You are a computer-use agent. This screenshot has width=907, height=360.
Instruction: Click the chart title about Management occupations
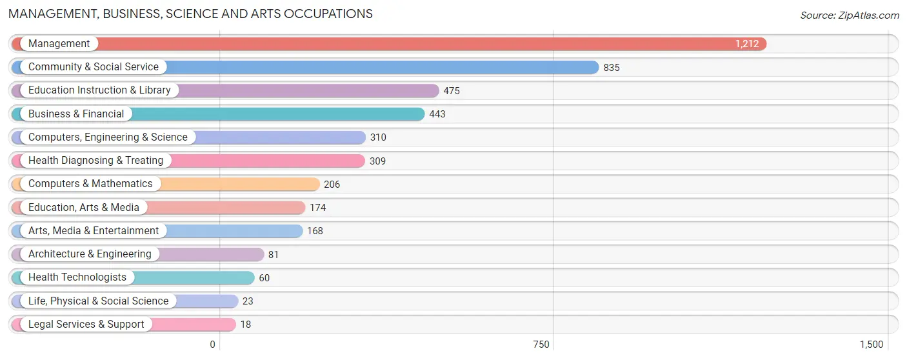[x=190, y=14]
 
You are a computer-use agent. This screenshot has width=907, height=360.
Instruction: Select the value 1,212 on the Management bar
[x=747, y=44]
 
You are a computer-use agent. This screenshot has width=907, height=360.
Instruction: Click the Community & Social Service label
[x=93, y=67]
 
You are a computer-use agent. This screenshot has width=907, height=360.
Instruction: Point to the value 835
[x=612, y=68]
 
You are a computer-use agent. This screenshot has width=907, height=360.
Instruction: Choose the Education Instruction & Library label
[x=99, y=90]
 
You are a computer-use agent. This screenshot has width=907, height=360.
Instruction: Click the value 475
[x=452, y=91]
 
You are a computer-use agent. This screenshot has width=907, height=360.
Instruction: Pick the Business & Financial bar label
[x=76, y=114]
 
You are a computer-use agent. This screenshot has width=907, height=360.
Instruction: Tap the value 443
[x=437, y=114]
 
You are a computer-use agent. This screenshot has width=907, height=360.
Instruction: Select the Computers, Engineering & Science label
[x=108, y=137]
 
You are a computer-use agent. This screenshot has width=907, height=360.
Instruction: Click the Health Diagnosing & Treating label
[x=95, y=161]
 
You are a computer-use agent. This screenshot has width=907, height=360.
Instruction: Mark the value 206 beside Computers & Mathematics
[x=332, y=185]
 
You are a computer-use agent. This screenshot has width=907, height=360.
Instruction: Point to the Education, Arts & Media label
[x=84, y=208]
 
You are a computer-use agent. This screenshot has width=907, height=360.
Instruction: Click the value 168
[x=315, y=231]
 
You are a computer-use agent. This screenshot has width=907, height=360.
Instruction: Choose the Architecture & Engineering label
[x=90, y=254]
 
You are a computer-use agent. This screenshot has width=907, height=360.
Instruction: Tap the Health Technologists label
[x=77, y=277]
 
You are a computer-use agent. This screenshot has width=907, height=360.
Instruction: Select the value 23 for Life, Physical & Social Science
[x=248, y=301]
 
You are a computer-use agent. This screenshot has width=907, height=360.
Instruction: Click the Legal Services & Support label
[x=86, y=325]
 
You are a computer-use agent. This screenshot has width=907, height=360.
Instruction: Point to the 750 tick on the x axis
[x=541, y=345]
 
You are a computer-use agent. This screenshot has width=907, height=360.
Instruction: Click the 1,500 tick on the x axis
[x=871, y=345]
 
